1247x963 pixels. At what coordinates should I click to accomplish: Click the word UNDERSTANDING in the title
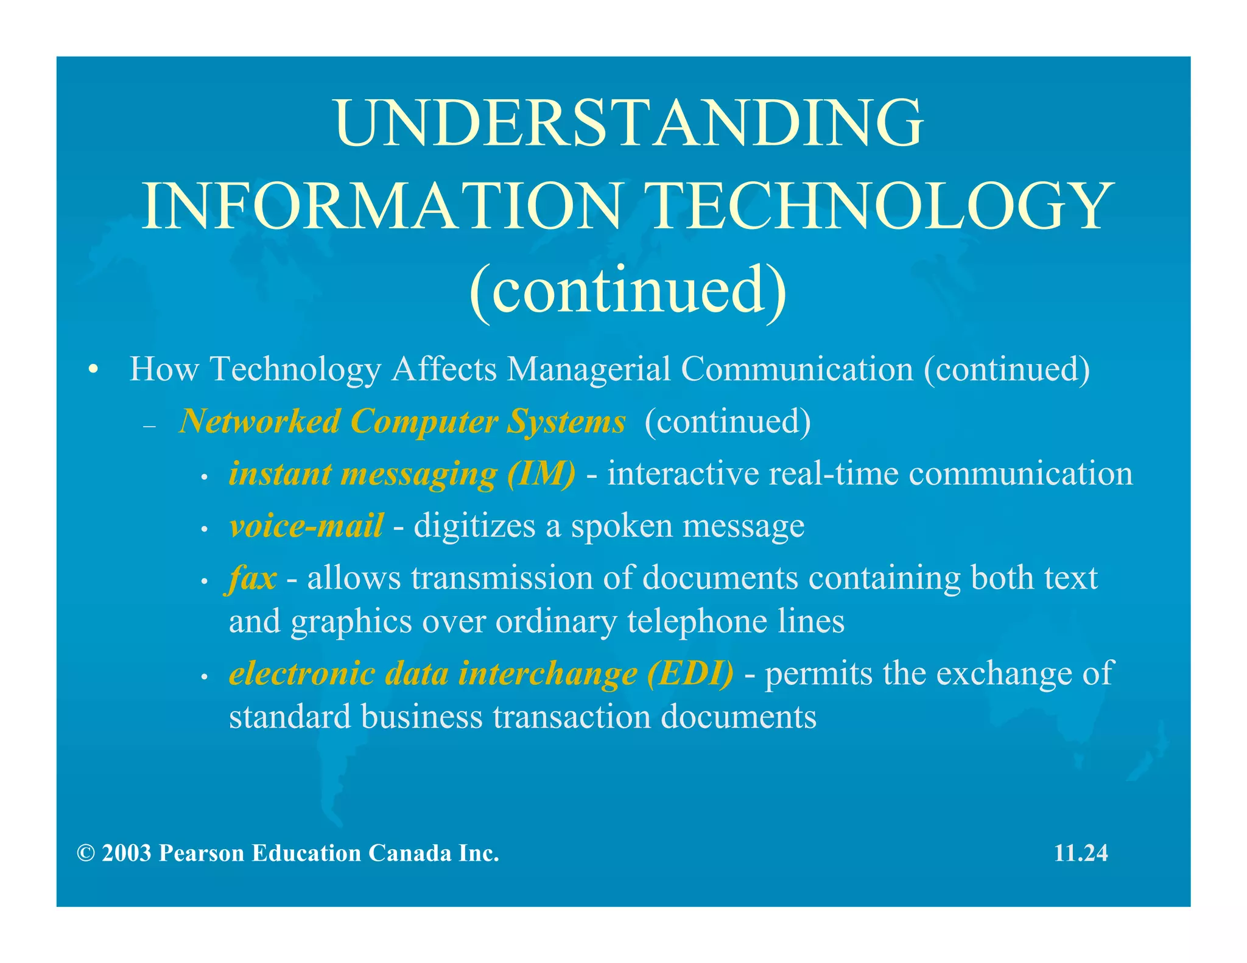coord(628,124)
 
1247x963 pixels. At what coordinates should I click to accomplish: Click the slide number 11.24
coord(1081,853)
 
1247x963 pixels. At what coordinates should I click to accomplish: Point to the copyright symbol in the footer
coord(86,853)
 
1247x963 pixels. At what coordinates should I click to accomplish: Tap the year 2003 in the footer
coord(127,853)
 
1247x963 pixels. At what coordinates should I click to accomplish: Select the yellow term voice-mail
coord(306,525)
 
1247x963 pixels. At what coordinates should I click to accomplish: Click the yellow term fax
coord(252,578)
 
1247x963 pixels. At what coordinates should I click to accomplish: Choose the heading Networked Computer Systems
coord(402,421)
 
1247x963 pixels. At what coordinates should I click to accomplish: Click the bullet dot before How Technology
coord(93,369)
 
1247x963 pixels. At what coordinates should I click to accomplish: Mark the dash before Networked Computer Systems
coord(150,427)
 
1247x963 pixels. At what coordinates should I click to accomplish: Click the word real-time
coord(834,474)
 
